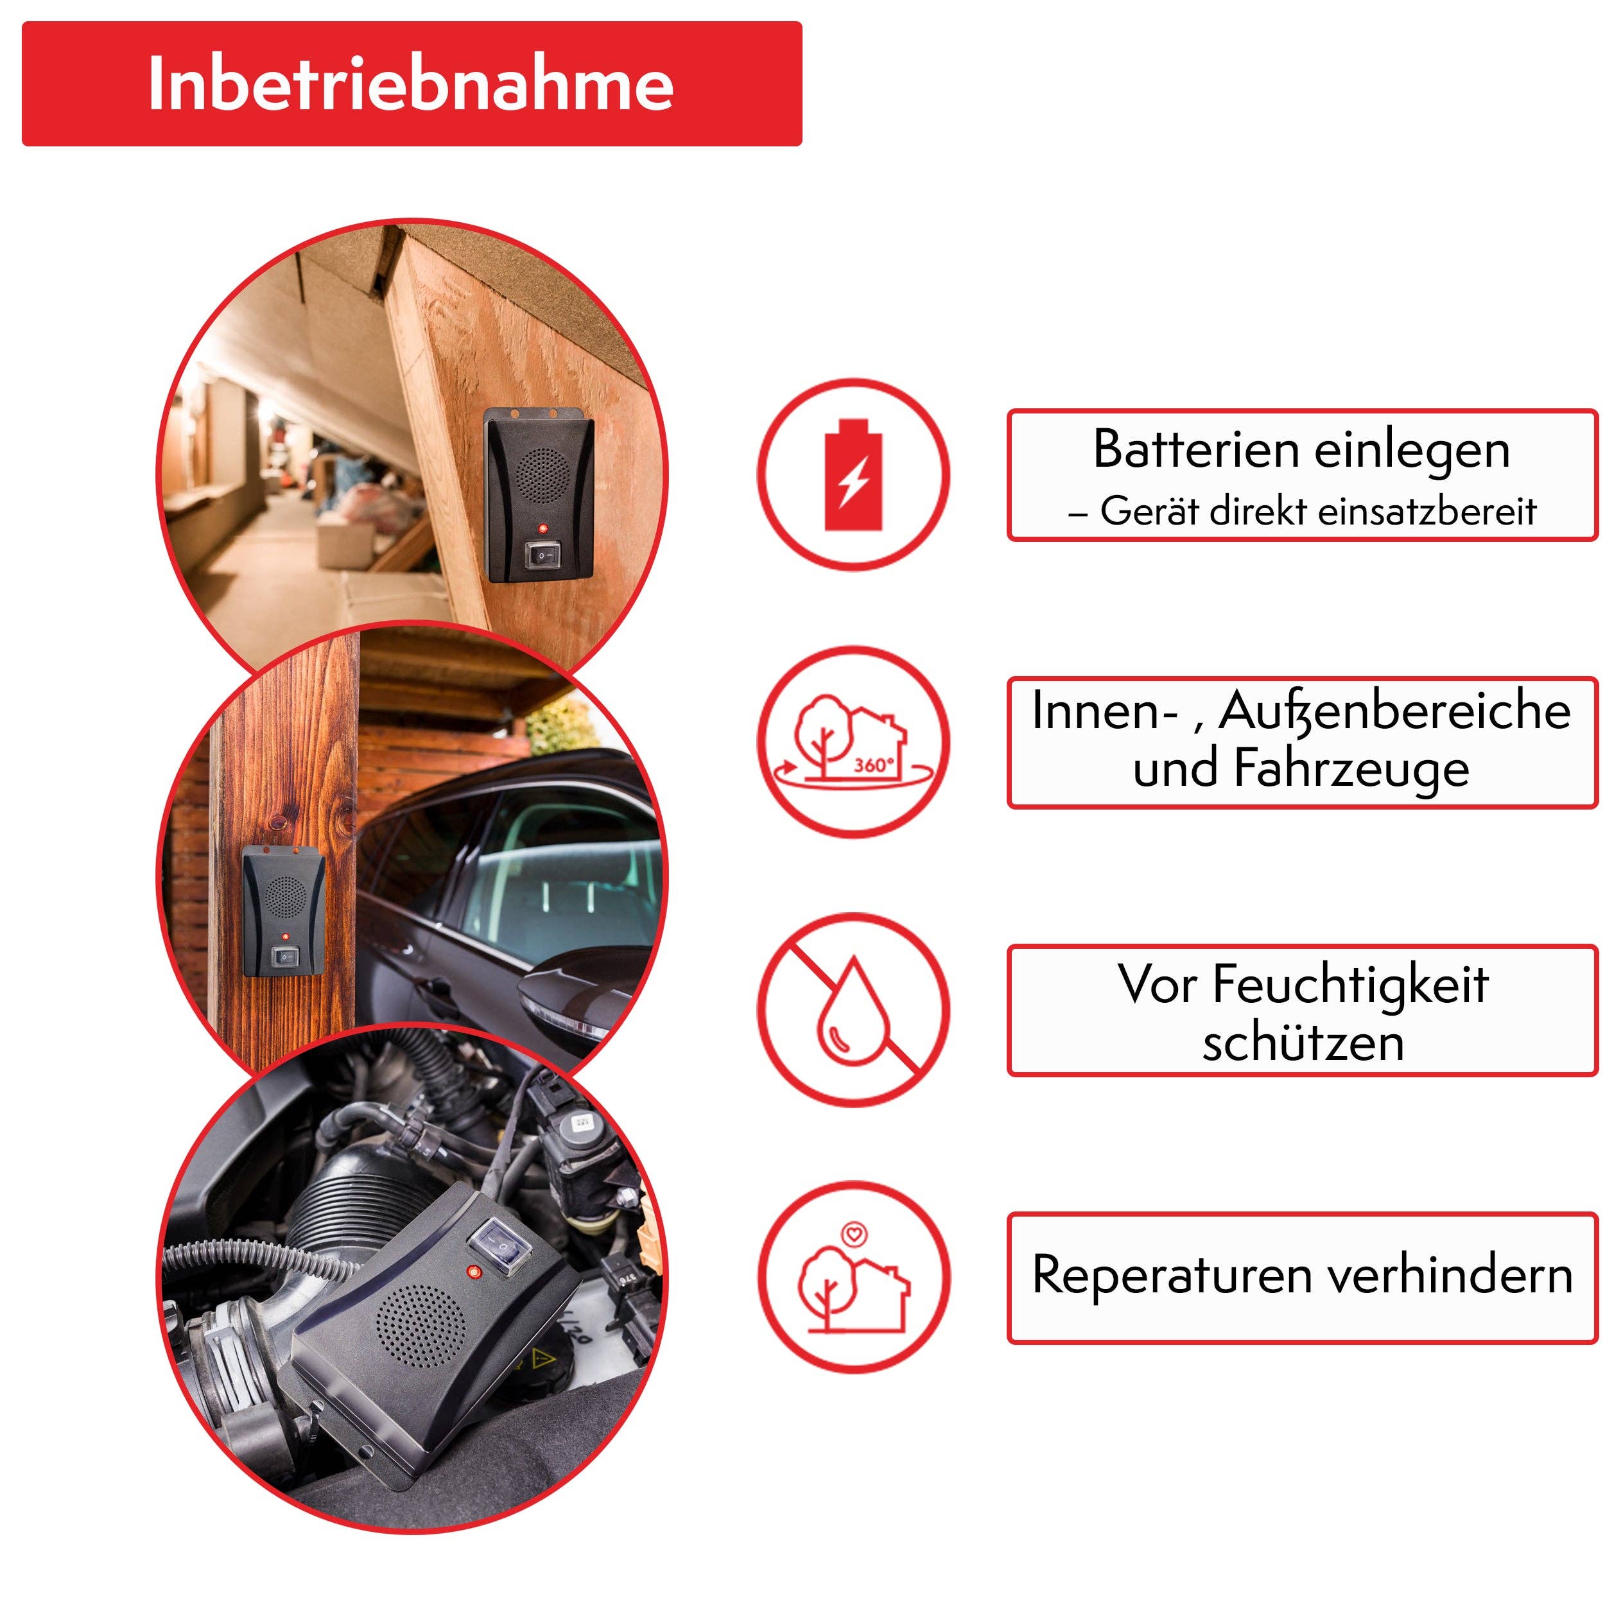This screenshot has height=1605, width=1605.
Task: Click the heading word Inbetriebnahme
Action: click(x=410, y=84)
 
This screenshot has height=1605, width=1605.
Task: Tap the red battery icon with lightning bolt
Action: click(x=853, y=474)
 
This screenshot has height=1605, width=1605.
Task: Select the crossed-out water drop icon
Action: click(x=853, y=1009)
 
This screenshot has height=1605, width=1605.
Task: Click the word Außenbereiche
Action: click(x=1395, y=711)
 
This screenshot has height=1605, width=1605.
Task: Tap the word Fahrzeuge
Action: click(x=1351, y=768)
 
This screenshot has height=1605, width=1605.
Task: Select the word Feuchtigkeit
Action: click(x=1350, y=985)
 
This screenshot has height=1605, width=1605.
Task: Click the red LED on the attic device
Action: click(x=542, y=528)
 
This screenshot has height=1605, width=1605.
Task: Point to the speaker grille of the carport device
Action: click(x=285, y=896)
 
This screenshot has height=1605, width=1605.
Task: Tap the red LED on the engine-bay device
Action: click(x=474, y=1271)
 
